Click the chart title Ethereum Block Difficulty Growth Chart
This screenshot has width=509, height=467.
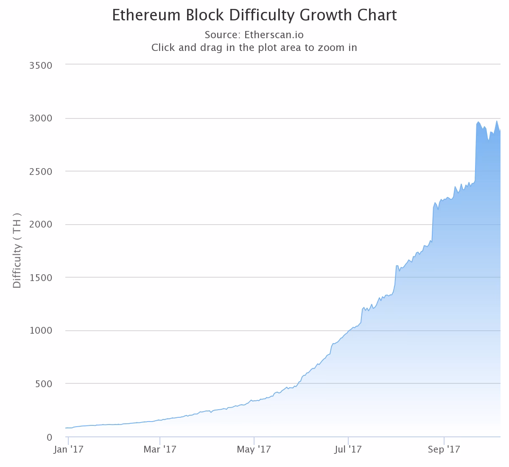(254, 15)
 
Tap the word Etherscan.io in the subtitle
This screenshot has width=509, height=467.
(274, 34)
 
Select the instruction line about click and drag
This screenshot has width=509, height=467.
(254, 47)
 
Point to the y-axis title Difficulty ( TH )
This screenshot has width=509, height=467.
(17, 250)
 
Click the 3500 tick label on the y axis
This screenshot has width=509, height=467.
(41, 65)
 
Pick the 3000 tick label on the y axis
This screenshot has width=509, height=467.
(41, 118)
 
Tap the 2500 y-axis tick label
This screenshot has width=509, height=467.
(41, 172)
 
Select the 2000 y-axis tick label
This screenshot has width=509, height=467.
(41, 225)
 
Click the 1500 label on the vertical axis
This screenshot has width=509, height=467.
(41, 278)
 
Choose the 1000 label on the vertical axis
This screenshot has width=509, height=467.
(41, 331)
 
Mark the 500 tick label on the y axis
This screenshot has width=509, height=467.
(44, 384)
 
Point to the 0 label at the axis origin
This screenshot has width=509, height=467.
(49, 437)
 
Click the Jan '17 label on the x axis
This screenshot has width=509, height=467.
(68, 450)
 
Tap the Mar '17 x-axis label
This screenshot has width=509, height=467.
(159, 450)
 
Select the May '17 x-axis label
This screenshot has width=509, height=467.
(254, 450)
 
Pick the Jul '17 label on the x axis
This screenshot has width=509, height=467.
(348, 450)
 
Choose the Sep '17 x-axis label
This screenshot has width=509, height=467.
(444, 450)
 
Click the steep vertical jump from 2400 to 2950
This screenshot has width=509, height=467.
(476, 153)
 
